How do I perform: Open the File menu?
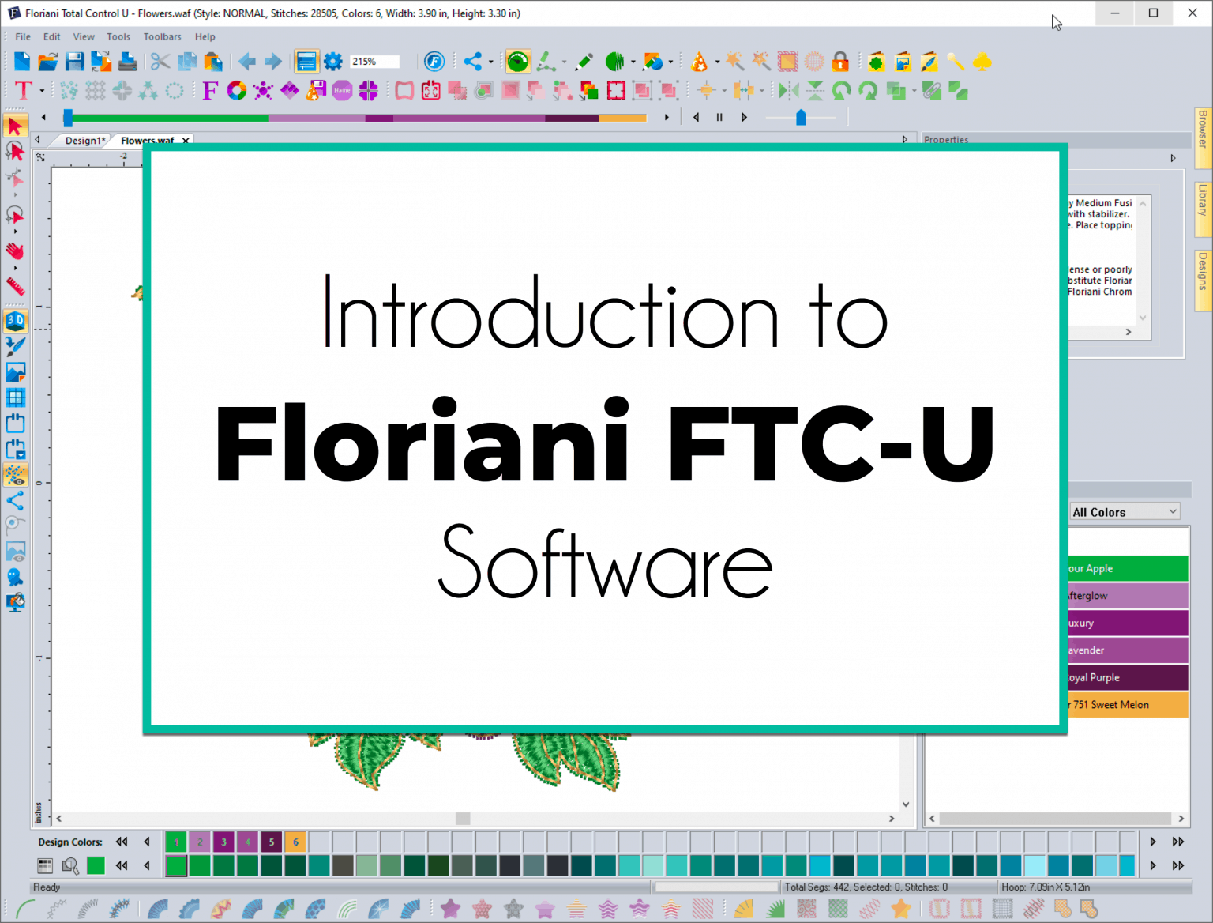point(23,36)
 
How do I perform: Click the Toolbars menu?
point(162,36)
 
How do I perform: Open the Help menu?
point(205,36)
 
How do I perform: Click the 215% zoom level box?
point(374,62)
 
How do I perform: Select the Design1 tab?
point(83,141)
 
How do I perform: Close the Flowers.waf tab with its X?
point(186,141)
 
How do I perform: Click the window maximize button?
point(1153,13)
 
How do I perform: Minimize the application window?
point(1114,13)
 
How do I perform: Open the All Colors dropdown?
point(1125,512)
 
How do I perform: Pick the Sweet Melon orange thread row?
point(1127,704)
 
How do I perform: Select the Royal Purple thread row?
point(1127,677)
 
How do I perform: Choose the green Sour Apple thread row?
point(1127,568)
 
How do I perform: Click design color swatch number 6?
point(295,842)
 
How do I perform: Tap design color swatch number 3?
point(223,842)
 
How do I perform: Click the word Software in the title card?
point(605,563)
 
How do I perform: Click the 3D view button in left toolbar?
point(15,321)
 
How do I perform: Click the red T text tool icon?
point(24,91)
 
